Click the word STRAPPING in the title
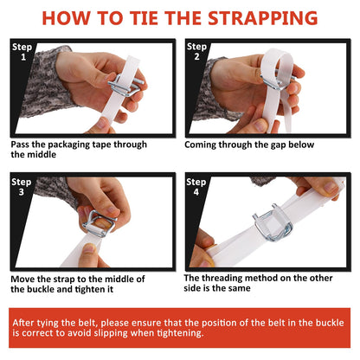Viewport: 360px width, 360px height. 262,18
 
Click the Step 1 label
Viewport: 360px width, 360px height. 22,52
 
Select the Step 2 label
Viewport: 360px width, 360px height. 196,51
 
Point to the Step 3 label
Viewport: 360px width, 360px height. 22,187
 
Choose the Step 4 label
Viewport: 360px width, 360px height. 196,186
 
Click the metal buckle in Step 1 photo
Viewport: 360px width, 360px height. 125,85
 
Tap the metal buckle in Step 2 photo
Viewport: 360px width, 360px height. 277,81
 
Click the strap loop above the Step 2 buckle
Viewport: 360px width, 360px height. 278,62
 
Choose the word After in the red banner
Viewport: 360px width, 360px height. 23,323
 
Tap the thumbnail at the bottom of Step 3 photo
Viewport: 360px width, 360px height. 89,248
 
